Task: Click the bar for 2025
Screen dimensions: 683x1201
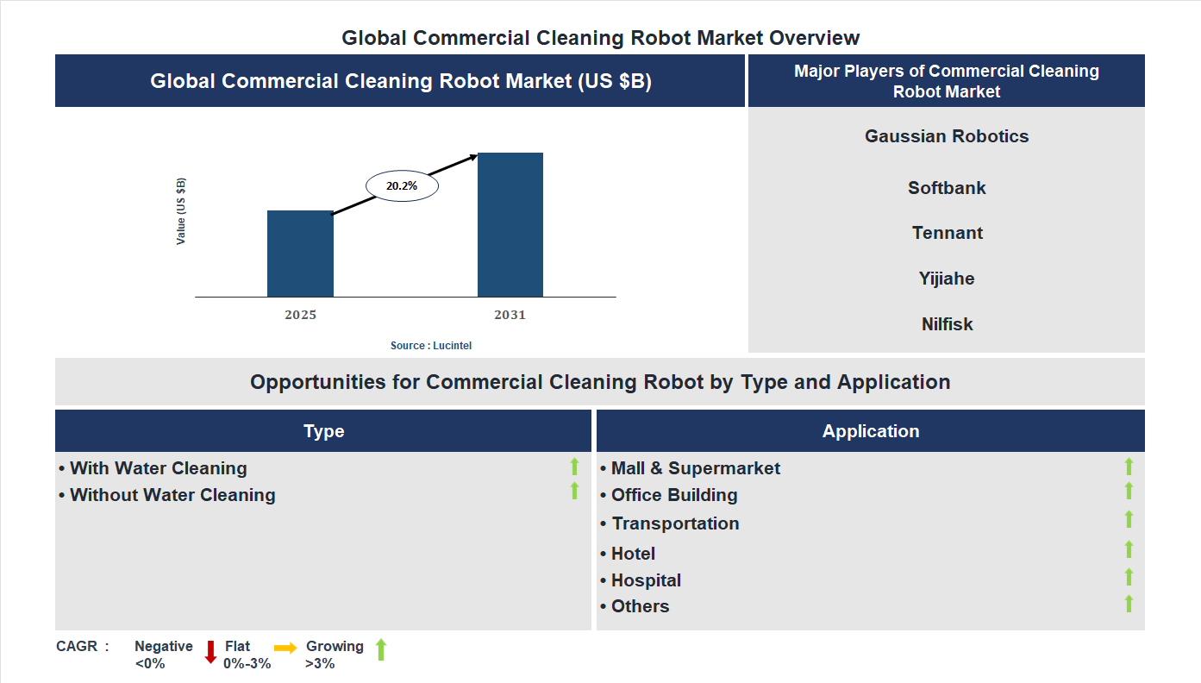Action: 300,254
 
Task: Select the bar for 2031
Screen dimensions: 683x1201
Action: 510,225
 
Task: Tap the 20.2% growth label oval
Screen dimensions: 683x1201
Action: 402,185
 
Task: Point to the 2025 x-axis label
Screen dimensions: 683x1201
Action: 300,315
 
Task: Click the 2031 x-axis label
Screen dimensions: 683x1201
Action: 510,315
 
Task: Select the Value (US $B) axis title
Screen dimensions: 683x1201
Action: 181,211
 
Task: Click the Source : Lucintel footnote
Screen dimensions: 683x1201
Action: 431,345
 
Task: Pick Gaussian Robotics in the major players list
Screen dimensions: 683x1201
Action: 947,136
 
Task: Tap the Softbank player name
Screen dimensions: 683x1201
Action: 947,188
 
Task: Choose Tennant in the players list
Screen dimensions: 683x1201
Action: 947,233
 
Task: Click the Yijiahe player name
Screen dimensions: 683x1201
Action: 947,279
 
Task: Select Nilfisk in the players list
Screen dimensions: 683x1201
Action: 947,324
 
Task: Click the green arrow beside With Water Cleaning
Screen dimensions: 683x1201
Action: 574,467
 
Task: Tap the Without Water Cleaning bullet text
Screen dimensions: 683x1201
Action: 172,495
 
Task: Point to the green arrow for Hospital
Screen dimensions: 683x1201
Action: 1129,578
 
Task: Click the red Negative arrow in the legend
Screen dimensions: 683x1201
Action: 210,651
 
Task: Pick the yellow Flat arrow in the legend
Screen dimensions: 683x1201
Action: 285,648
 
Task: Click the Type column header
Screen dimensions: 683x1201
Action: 323,431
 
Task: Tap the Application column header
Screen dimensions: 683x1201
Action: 871,431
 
